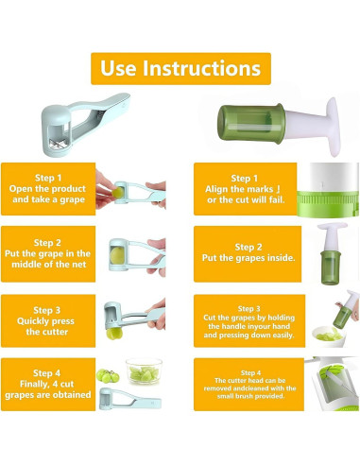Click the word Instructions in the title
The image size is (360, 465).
pyautogui.click(x=202, y=68)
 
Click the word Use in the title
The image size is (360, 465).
pyautogui.click(x=118, y=68)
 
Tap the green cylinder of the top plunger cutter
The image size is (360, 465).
pyautogui.click(x=251, y=123)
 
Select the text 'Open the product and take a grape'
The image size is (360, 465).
pyautogui.click(x=48, y=194)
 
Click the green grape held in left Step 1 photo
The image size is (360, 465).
pyautogui.click(x=118, y=192)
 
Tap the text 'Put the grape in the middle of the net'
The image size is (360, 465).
pyautogui.click(x=48, y=259)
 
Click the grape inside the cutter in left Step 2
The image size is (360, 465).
pyautogui.click(x=117, y=255)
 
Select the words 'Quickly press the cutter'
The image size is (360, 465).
pyautogui.click(x=46, y=326)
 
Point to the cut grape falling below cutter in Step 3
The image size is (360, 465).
pyautogui.click(x=114, y=334)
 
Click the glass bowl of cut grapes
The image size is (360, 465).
pyautogui.click(x=144, y=370)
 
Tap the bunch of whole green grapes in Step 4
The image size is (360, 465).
pyautogui.click(x=108, y=375)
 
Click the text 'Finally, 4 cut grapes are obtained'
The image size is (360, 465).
pyautogui.click(x=48, y=389)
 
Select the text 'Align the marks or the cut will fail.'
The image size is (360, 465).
pyautogui.click(x=246, y=195)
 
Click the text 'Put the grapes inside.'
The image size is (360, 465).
pyautogui.click(x=249, y=258)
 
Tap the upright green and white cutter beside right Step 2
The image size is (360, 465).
pyautogui.click(x=332, y=253)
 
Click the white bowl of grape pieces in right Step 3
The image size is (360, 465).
pyautogui.click(x=328, y=336)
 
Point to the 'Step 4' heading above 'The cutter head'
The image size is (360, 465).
pyautogui.click(x=250, y=372)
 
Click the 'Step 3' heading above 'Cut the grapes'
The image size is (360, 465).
pyautogui.click(x=249, y=308)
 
